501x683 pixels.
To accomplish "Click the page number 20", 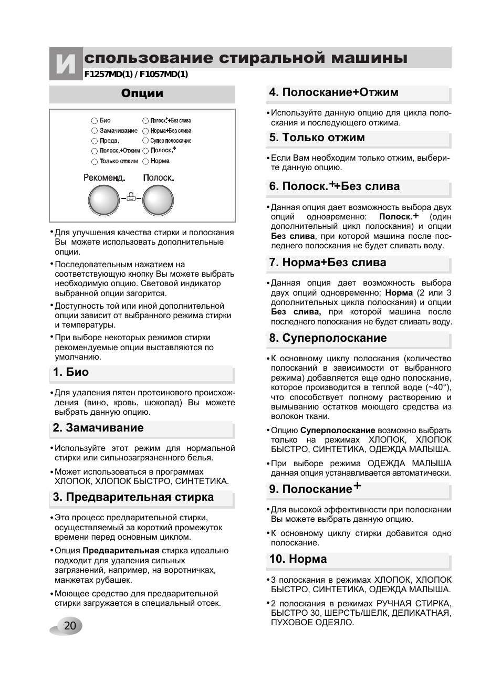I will (x=70, y=626).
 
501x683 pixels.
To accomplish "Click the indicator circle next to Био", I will (x=95, y=121).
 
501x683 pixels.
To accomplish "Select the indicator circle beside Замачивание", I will (x=95, y=131).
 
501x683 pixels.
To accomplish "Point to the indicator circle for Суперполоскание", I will (x=145, y=141).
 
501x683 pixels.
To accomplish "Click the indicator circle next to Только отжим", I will (x=95, y=162).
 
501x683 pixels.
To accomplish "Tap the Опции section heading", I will (x=142, y=94).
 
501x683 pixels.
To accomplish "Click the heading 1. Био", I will (x=71, y=373).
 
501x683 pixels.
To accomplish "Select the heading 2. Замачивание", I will (x=98, y=428).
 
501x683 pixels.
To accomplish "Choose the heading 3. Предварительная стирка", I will (x=133, y=498).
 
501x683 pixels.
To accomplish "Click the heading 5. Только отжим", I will (x=317, y=138).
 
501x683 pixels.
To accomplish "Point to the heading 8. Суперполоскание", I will (x=328, y=339).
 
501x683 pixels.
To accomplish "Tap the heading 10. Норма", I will (x=298, y=560).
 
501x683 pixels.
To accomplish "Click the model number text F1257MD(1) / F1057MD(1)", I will (x=136, y=75).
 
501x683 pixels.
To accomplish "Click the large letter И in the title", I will (x=66, y=65).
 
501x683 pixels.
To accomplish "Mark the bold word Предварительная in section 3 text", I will (x=121, y=551).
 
